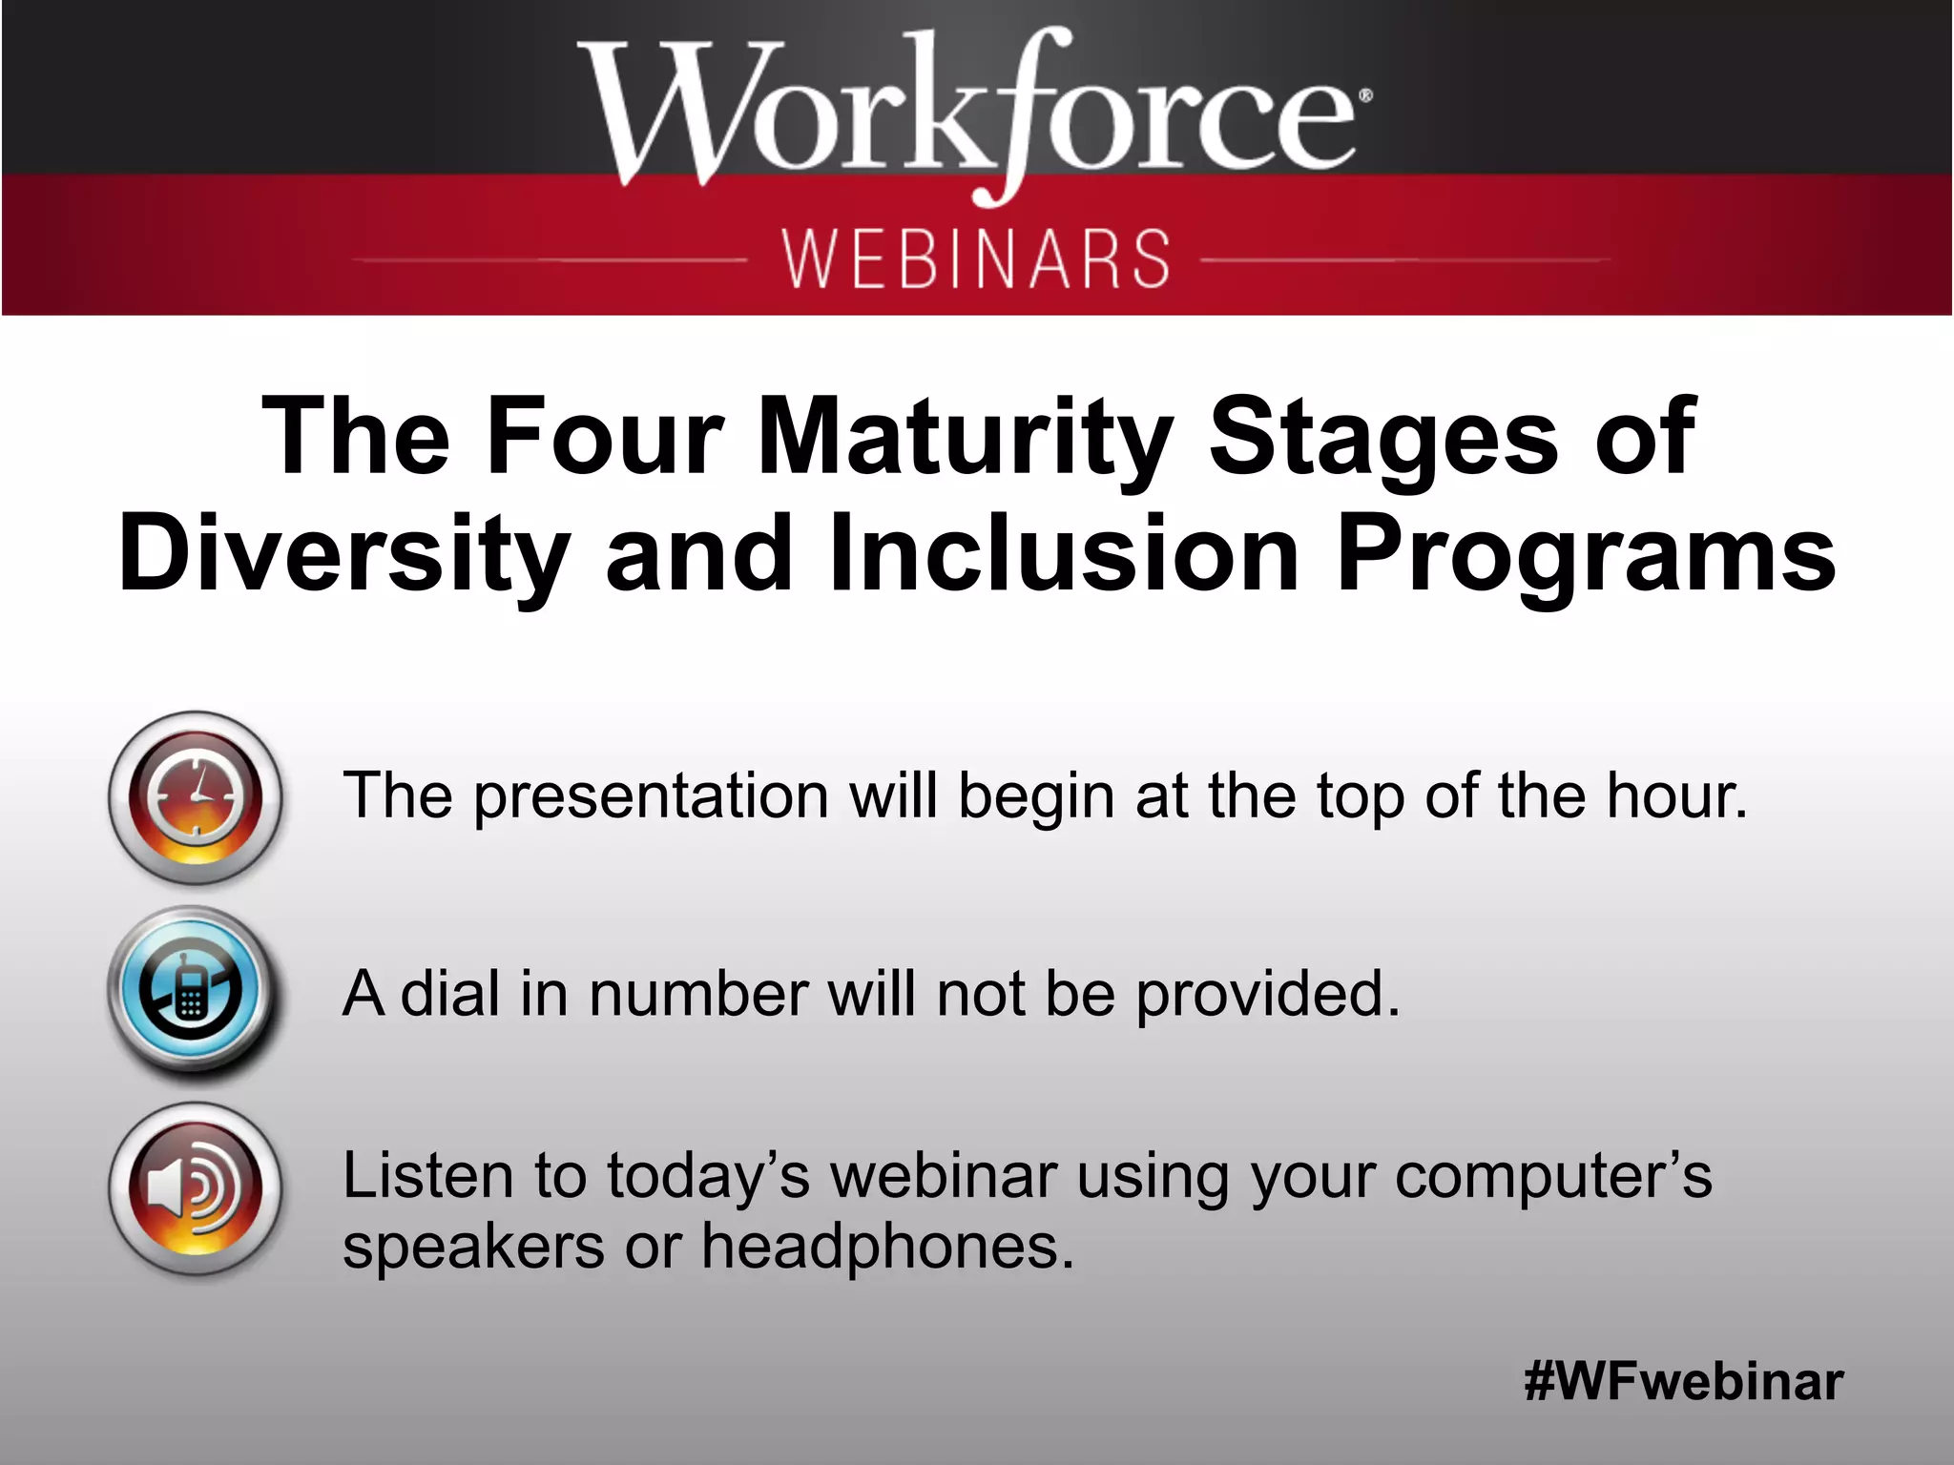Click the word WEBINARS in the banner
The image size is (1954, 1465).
click(976, 258)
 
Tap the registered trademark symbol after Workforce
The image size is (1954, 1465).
click(1365, 95)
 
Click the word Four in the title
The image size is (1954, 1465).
click(605, 437)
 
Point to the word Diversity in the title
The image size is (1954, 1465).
click(343, 554)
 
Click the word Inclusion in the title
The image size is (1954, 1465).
click(1064, 554)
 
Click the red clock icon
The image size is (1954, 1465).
click(196, 797)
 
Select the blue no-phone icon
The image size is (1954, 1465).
click(194, 992)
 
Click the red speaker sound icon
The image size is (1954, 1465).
click(196, 1188)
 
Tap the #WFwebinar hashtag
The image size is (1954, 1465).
click(1683, 1381)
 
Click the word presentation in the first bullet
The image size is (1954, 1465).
click(652, 797)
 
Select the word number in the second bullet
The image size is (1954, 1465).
click(697, 994)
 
